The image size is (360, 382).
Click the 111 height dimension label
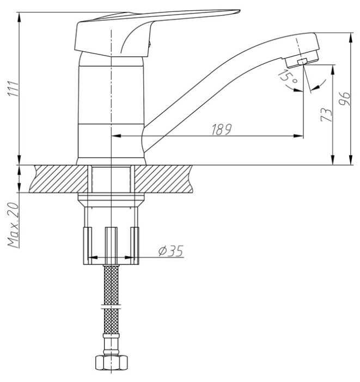14,88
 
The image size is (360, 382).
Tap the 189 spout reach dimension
222,129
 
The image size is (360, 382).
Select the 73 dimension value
326,115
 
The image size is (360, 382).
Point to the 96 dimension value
345,99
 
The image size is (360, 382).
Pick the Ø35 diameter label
170,251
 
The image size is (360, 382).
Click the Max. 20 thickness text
14,225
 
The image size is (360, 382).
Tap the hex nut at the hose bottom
111,362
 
